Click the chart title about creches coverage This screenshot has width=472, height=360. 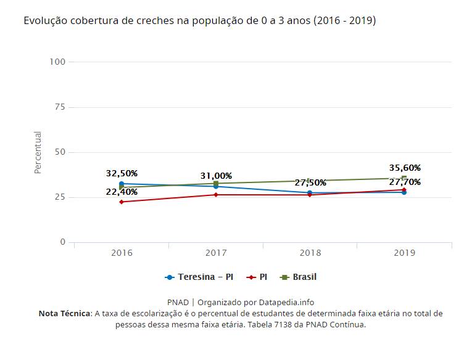(x=199, y=21)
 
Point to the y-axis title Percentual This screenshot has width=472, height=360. (x=38, y=152)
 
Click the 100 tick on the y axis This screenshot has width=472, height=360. (x=58, y=62)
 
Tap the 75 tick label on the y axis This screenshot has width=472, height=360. (x=60, y=107)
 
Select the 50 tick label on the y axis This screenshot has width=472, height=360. (x=60, y=152)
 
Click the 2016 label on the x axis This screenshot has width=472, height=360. (x=122, y=253)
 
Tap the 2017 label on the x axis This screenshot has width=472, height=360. (x=216, y=253)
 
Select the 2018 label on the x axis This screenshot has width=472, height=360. (x=310, y=253)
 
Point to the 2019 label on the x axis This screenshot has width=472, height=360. (x=404, y=253)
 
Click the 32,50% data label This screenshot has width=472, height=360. (x=122, y=173)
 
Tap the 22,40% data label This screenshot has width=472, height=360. (x=122, y=192)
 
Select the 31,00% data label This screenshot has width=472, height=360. (x=216, y=176)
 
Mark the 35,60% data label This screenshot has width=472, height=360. (x=405, y=168)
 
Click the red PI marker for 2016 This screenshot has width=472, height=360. (x=122, y=202)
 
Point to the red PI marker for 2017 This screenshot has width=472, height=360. (x=216, y=195)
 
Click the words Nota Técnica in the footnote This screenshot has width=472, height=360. (x=64, y=313)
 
